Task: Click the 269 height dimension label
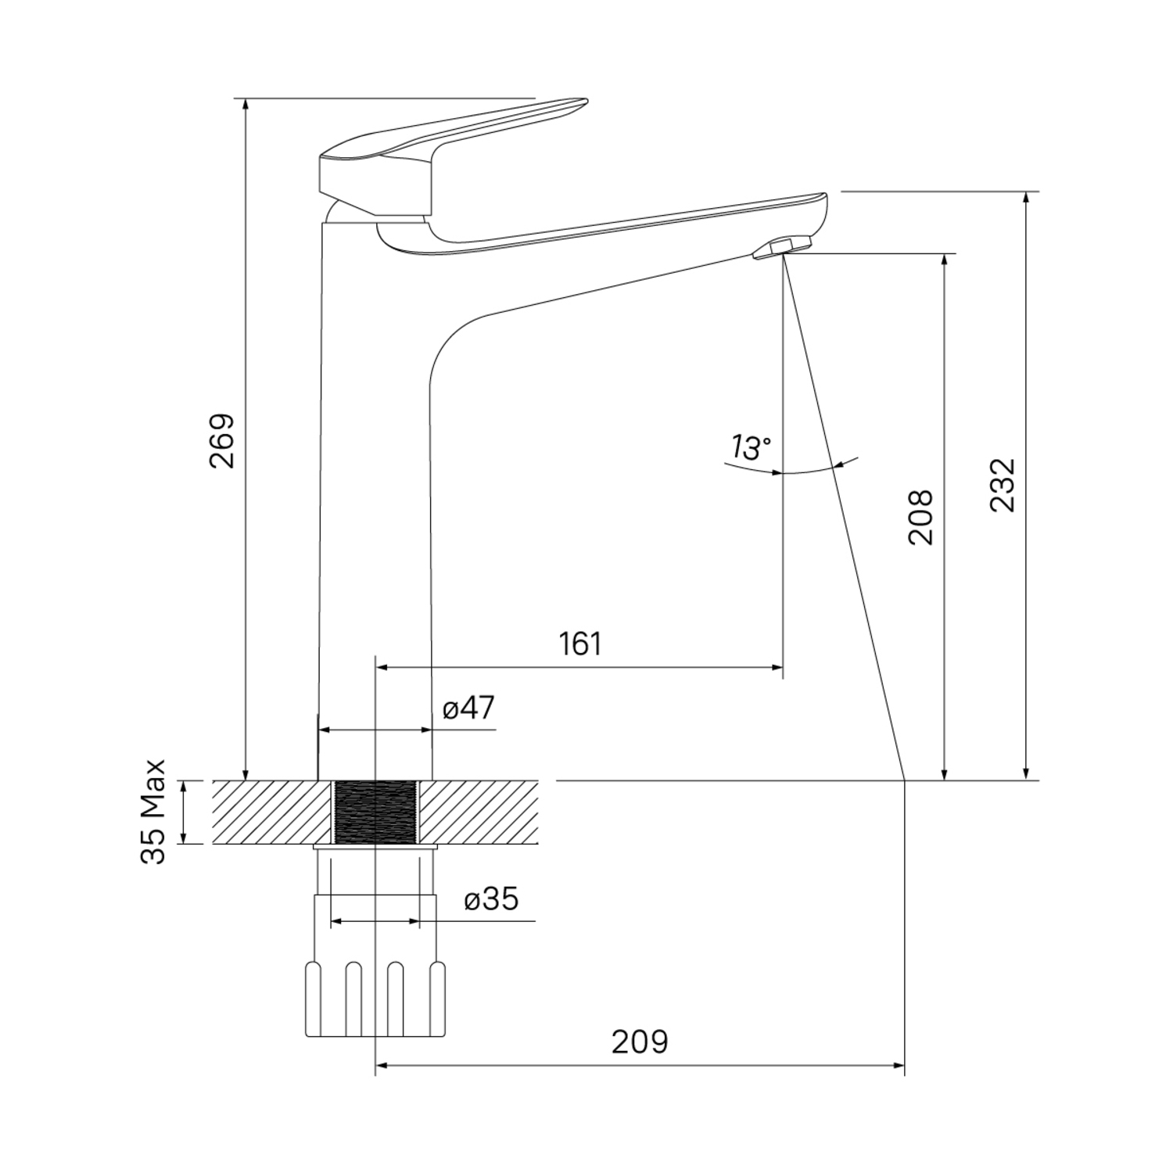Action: [x=221, y=440]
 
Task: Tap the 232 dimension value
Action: [x=1003, y=485]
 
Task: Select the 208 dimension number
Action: [x=920, y=517]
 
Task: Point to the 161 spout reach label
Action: [x=581, y=644]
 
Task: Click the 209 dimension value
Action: [x=640, y=1042]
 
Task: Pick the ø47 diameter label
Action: [x=469, y=708]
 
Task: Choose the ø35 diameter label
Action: [x=492, y=899]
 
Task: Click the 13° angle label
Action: [x=751, y=448]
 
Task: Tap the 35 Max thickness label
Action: [x=154, y=811]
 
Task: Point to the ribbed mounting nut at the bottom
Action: [x=375, y=999]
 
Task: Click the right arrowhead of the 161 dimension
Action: [x=777, y=667]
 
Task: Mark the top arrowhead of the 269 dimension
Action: [x=246, y=105]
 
